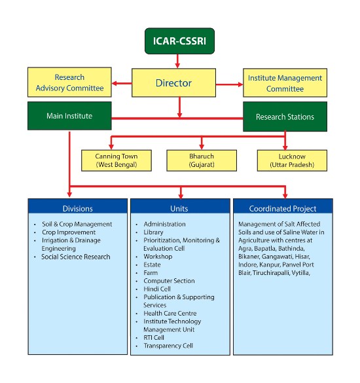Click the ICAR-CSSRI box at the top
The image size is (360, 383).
pos(179,41)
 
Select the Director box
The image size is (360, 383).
pos(173,82)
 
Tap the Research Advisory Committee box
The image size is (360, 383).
pos(69,82)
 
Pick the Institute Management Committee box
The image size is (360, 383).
pos(285,82)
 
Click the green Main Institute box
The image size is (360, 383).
pos(69,116)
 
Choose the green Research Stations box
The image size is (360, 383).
pos(285,117)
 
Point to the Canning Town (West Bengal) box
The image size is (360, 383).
pos(117,160)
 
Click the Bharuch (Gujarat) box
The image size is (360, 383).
pos(202,160)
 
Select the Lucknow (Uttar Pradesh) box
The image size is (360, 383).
pos(292,160)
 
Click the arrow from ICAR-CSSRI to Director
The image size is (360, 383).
pos(177,61)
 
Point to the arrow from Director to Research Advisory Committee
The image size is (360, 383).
pos(122,83)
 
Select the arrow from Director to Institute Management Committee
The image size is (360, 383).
pos(230,84)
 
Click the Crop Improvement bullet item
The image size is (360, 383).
pos(69,232)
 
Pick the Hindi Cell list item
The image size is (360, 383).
pos(157,289)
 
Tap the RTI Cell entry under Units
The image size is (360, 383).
pos(154,338)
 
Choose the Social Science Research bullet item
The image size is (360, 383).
pos(76,257)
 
